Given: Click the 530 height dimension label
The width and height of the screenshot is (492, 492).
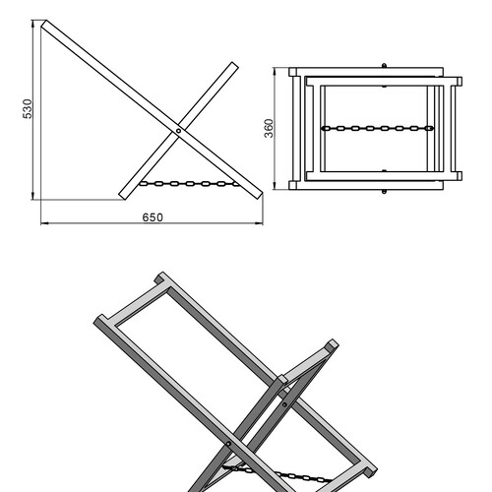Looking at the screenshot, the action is (28, 108).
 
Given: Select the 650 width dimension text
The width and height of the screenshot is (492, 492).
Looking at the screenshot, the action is (153, 217).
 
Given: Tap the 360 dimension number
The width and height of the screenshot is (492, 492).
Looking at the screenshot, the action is (269, 128).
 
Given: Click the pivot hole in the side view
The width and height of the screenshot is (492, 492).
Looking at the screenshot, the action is (178, 131).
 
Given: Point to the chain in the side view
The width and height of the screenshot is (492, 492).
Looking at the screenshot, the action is (190, 184).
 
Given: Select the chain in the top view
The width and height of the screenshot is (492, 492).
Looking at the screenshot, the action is (378, 128).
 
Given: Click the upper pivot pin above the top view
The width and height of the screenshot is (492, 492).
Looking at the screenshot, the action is (384, 66).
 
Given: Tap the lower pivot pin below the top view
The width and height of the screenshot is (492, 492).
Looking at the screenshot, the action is (384, 191).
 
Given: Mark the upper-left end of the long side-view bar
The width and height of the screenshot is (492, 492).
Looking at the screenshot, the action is (44, 25).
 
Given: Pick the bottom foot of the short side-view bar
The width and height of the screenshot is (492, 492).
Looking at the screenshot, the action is (123, 196).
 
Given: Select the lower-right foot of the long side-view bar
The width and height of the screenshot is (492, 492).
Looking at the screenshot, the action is (258, 195).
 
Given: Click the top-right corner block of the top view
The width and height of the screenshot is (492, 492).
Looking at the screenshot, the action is (460, 82).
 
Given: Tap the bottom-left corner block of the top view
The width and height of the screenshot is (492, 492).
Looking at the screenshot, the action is (292, 185).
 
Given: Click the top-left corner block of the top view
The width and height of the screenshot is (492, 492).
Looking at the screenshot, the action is (292, 72).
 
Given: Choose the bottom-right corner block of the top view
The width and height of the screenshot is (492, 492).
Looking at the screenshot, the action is (460, 176).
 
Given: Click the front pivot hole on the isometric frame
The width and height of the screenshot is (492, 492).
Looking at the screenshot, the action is (228, 444).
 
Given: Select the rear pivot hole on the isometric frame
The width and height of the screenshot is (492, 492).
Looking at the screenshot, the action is (284, 404).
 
